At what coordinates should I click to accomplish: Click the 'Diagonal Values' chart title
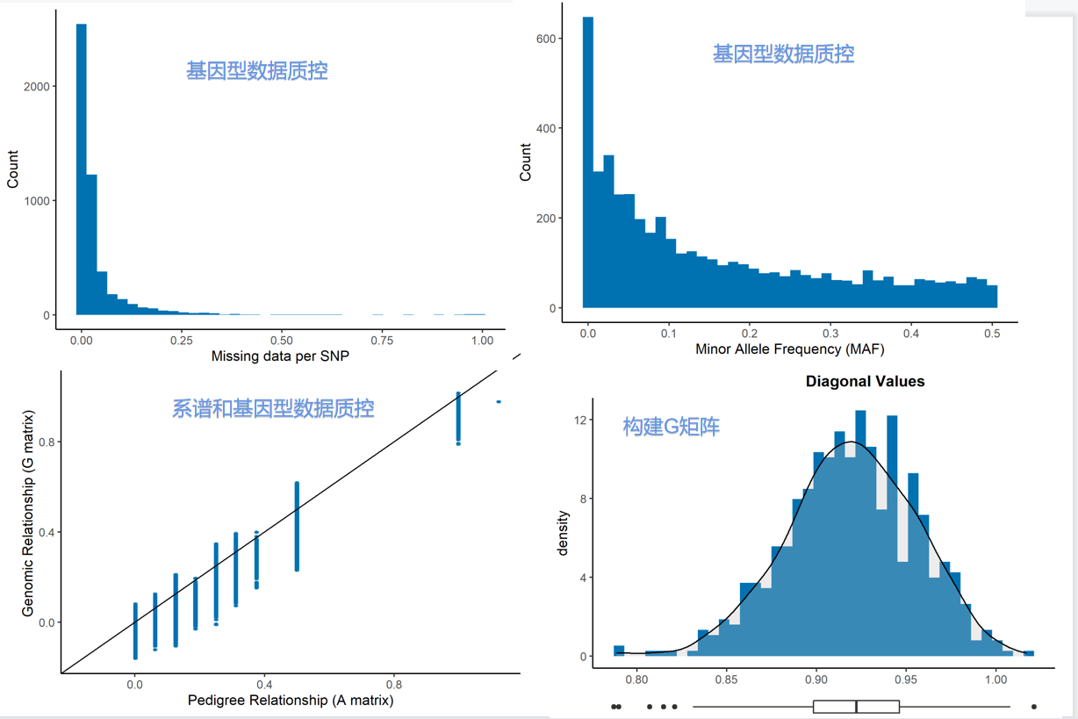[x=865, y=381]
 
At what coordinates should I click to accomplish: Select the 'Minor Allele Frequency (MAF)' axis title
[x=789, y=349]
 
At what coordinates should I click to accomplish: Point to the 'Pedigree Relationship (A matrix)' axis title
[x=291, y=701]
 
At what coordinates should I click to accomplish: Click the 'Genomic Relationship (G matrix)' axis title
[x=28, y=512]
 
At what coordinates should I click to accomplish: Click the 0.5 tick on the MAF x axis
[x=992, y=334]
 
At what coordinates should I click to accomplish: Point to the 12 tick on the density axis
[x=579, y=421]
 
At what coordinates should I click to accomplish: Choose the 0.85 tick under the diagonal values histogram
[x=726, y=679]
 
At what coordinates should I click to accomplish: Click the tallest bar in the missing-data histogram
[x=82, y=167]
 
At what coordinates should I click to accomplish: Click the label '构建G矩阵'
[x=671, y=428]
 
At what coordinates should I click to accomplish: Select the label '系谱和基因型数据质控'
[x=273, y=408]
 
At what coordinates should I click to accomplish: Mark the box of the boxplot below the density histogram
[x=856, y=706]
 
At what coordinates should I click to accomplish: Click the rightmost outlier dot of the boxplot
[x=1034, y=706]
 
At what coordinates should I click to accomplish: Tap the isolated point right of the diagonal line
[x=499, y=402]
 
